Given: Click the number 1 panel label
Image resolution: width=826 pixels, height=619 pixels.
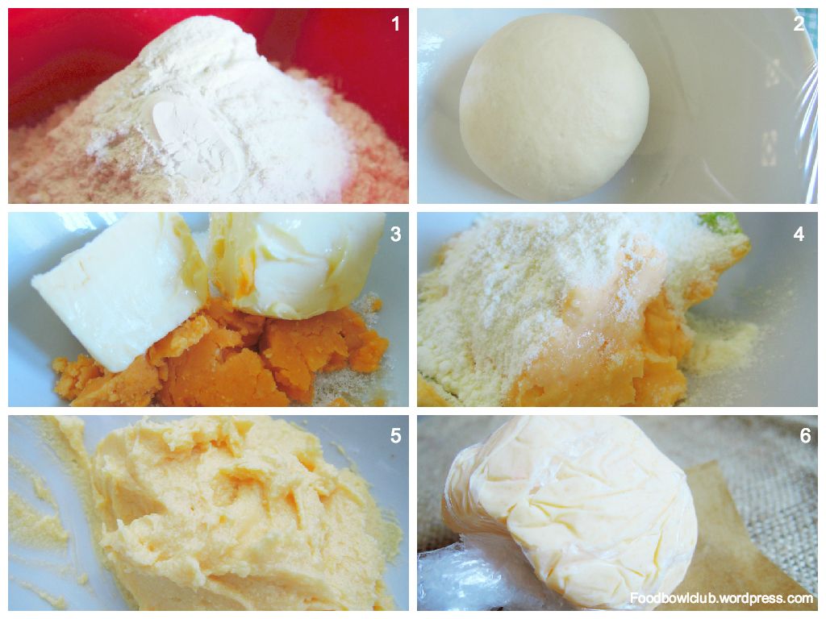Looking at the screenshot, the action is (x=396, y=23).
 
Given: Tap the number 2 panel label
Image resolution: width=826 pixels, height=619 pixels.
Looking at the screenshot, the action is (x=799, y=23).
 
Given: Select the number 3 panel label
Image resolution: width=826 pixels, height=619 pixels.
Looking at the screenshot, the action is (x=396, y=235).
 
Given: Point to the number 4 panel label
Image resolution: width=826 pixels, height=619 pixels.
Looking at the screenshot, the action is (x=799, y=235).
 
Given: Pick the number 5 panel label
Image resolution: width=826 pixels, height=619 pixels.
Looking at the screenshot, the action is (x=396, y=436).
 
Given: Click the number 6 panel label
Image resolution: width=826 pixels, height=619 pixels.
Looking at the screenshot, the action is (x=806, y=436).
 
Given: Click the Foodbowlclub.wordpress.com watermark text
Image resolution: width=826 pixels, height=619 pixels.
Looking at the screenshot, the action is (x=722, y=599).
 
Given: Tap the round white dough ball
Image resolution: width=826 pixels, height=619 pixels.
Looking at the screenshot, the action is (x=554, y=107).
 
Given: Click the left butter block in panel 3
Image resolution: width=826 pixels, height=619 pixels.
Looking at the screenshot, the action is (x=119, y=285).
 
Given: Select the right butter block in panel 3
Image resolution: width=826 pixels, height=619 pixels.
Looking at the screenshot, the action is (x=298, y=264).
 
